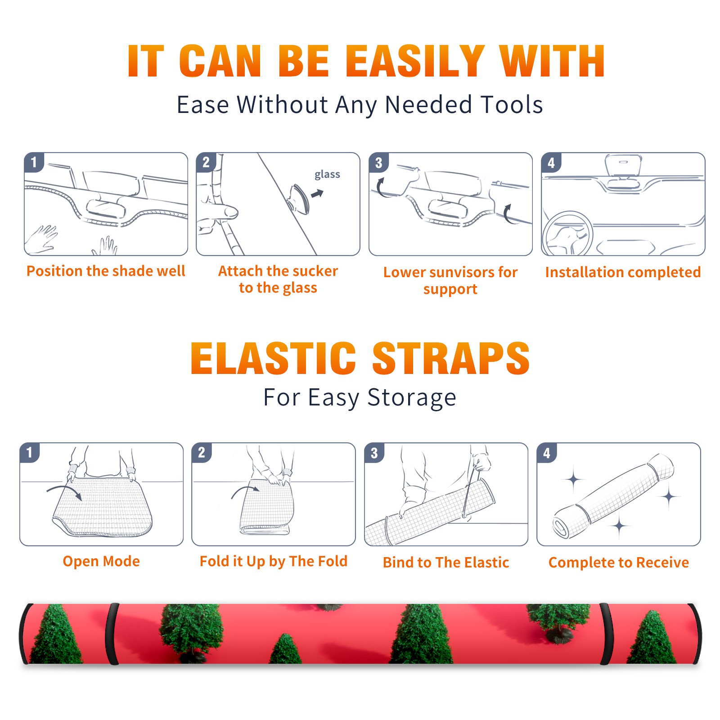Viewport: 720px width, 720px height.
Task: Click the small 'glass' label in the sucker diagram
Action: [327, 175]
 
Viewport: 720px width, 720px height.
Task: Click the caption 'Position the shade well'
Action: [106, 271]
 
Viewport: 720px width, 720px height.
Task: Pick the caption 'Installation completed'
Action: [623, 272]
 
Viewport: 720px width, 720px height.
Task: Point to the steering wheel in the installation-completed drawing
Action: [567, 234]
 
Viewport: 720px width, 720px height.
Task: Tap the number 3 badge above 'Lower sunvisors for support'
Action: [378, 163]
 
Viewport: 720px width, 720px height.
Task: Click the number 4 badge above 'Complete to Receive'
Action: [547, 453]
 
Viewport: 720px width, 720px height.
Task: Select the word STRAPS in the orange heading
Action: [451, 358]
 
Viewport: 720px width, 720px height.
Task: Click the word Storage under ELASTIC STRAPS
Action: [412, 398]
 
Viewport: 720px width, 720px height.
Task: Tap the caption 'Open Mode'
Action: [101, 562]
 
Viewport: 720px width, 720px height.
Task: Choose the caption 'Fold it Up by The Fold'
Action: [274, 562]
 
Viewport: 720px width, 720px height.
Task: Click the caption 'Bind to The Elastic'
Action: [446, 562]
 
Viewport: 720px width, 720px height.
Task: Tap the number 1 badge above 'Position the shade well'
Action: [34, 162]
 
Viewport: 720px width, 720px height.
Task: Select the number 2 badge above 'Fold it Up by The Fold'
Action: [202, 453]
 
